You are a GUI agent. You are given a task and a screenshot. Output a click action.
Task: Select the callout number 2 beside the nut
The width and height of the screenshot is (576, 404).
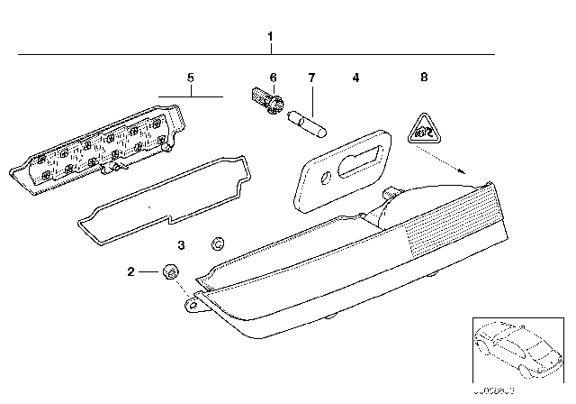(x=130, y=271)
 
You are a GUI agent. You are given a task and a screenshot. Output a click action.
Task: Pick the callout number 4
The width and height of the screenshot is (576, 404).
(x=355, y=79)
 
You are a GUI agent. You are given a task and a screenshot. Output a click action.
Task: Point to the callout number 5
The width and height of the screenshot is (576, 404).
(x=190, y=79)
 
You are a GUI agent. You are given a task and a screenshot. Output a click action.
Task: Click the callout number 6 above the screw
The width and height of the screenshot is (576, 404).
(x=274, y=79)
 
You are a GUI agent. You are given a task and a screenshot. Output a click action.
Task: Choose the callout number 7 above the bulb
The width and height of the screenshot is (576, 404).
(x=311, y=79)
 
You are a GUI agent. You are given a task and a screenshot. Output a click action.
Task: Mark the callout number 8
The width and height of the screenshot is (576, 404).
(x=424, y=79)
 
